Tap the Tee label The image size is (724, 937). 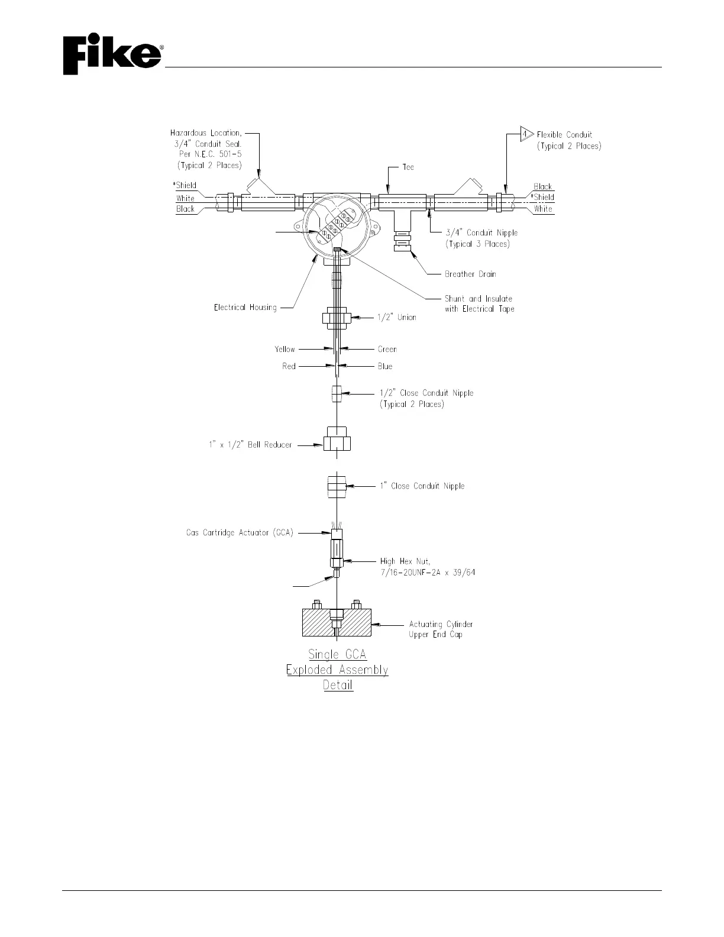click(409, 167)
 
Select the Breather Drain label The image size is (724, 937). click(470, 274)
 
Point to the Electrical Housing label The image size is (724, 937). click(245, 308)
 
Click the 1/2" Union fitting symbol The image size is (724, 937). click(336, 318)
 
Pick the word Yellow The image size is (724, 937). click(285, 349)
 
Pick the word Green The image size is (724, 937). click(387, 349)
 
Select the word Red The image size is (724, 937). click(289, 366)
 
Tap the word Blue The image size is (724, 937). click(385, 366)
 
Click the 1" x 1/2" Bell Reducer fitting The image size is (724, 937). click(337, 442)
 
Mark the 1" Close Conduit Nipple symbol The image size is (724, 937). click(337, 486)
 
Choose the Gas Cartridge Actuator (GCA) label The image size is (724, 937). click(240, 533)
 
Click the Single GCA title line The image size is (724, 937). click(337, 655)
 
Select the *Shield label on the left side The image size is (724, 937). click(186, 185)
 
